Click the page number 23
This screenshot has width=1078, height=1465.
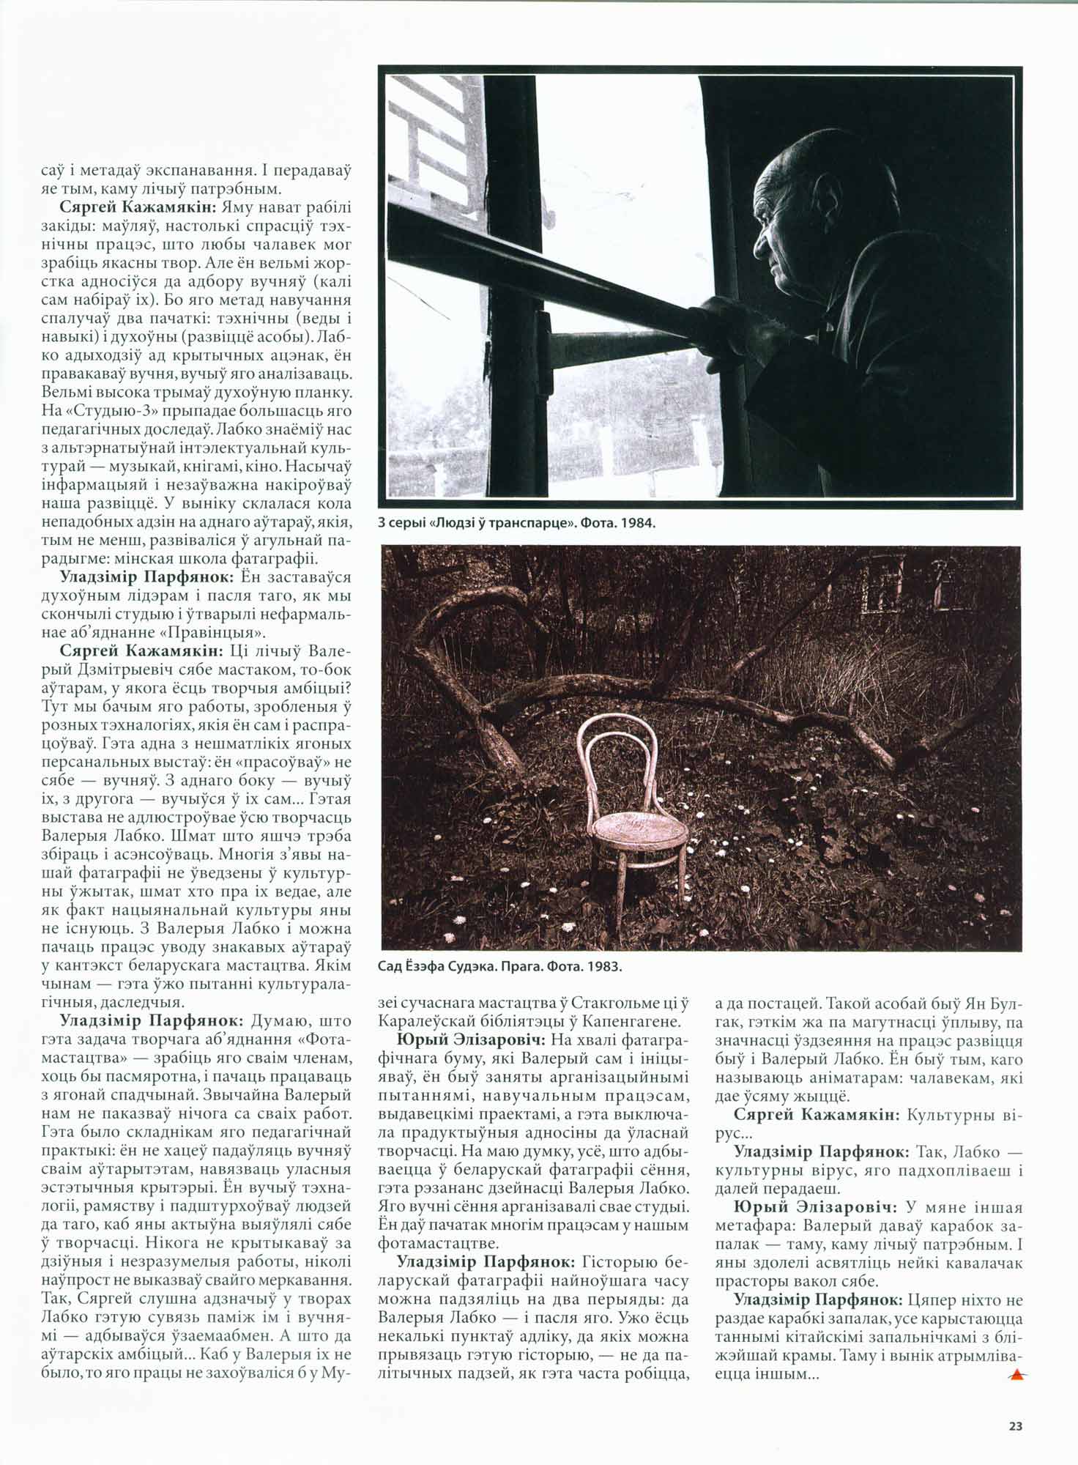(x=1015, y=1426)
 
